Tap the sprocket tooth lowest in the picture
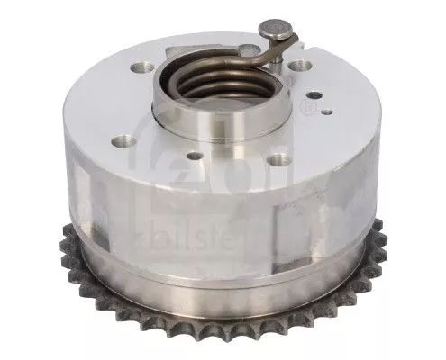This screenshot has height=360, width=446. (x=225, y=348)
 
